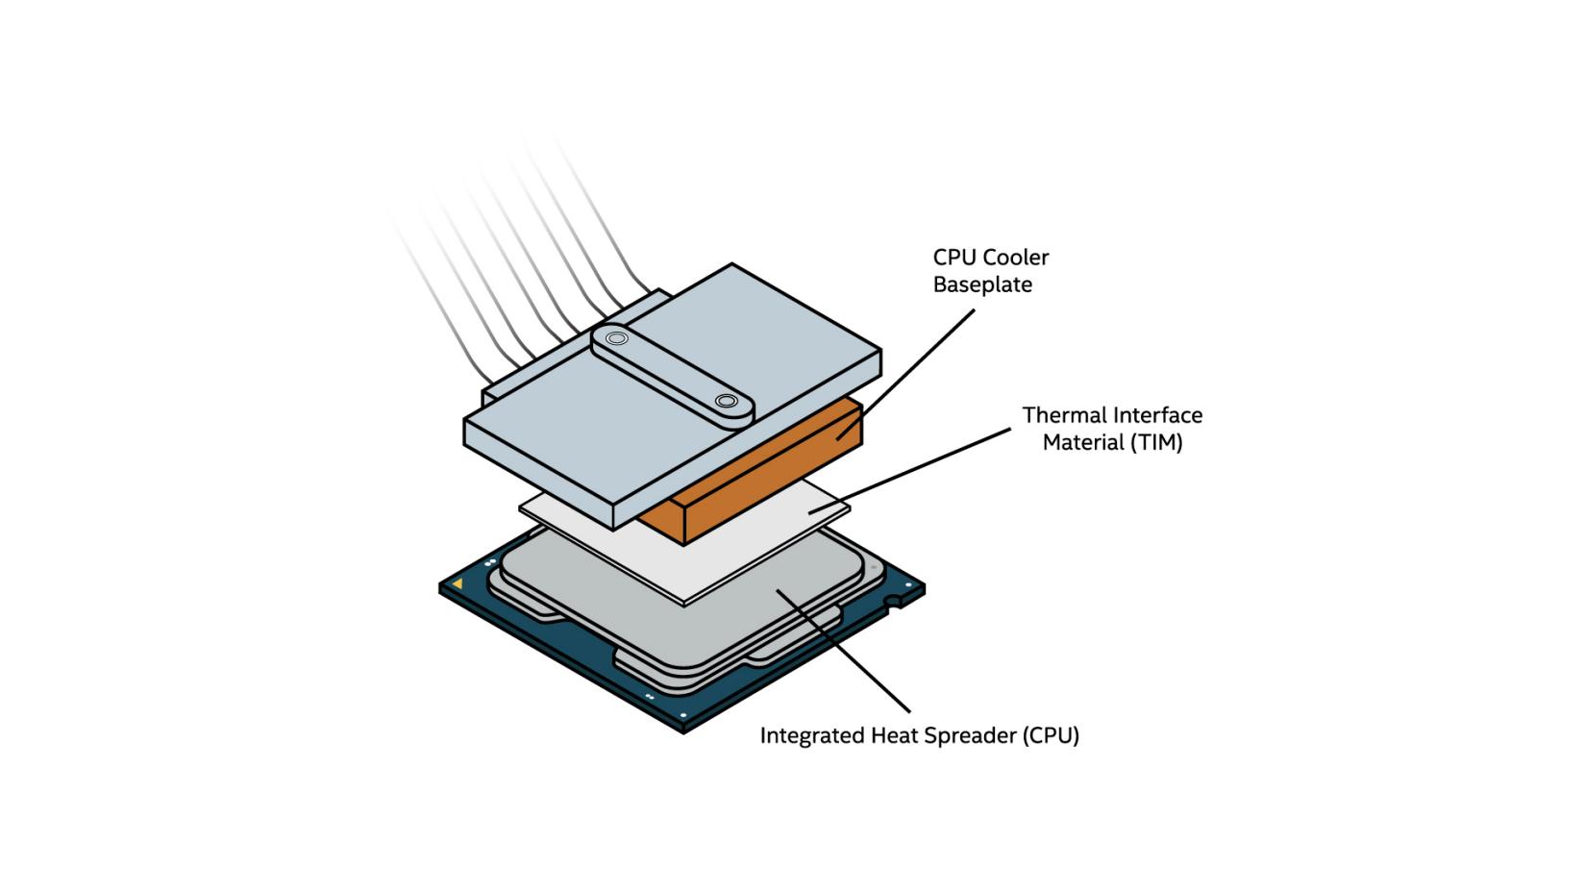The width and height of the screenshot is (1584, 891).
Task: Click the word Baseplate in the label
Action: pyautogui.click(x=981, y=285)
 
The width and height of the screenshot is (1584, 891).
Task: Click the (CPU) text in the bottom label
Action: pyautogui.click(x=1050, y=736)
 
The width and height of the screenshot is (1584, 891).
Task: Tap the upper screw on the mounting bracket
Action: pyautogui.click(x=616, y=338)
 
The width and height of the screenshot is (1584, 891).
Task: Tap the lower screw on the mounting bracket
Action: pyautogui.click(x=727, y=401)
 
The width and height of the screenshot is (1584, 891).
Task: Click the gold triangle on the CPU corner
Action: pyautogui.click(x=458, y=583)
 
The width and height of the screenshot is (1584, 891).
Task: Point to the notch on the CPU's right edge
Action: pyautogui.click(x=894, y=604)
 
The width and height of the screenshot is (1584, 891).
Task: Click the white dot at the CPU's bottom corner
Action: pyautogui.click(x=683, y=716)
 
